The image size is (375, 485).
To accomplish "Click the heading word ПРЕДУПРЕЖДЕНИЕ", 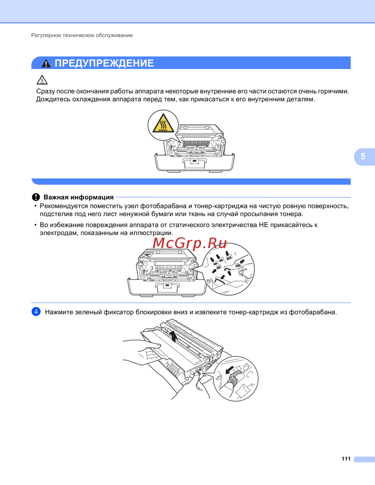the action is coord(104,63).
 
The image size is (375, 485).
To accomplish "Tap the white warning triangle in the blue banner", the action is coord(46,63).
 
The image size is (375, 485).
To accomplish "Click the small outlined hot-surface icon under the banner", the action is coord(42,80).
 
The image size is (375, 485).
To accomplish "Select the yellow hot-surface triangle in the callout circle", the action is coord(163,123).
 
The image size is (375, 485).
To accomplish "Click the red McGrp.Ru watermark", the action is coord(190,243).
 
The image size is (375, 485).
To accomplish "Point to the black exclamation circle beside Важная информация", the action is coord(36,197).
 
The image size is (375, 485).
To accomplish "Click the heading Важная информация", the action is coord(79,197).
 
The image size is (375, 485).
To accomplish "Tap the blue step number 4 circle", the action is coord(36,311).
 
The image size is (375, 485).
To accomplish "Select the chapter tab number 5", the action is coord(363,156).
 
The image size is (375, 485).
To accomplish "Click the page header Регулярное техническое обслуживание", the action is coord(82,35).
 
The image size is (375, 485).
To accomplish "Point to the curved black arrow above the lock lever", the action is coord(229,370).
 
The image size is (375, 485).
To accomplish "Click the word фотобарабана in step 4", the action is coord(313,312).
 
